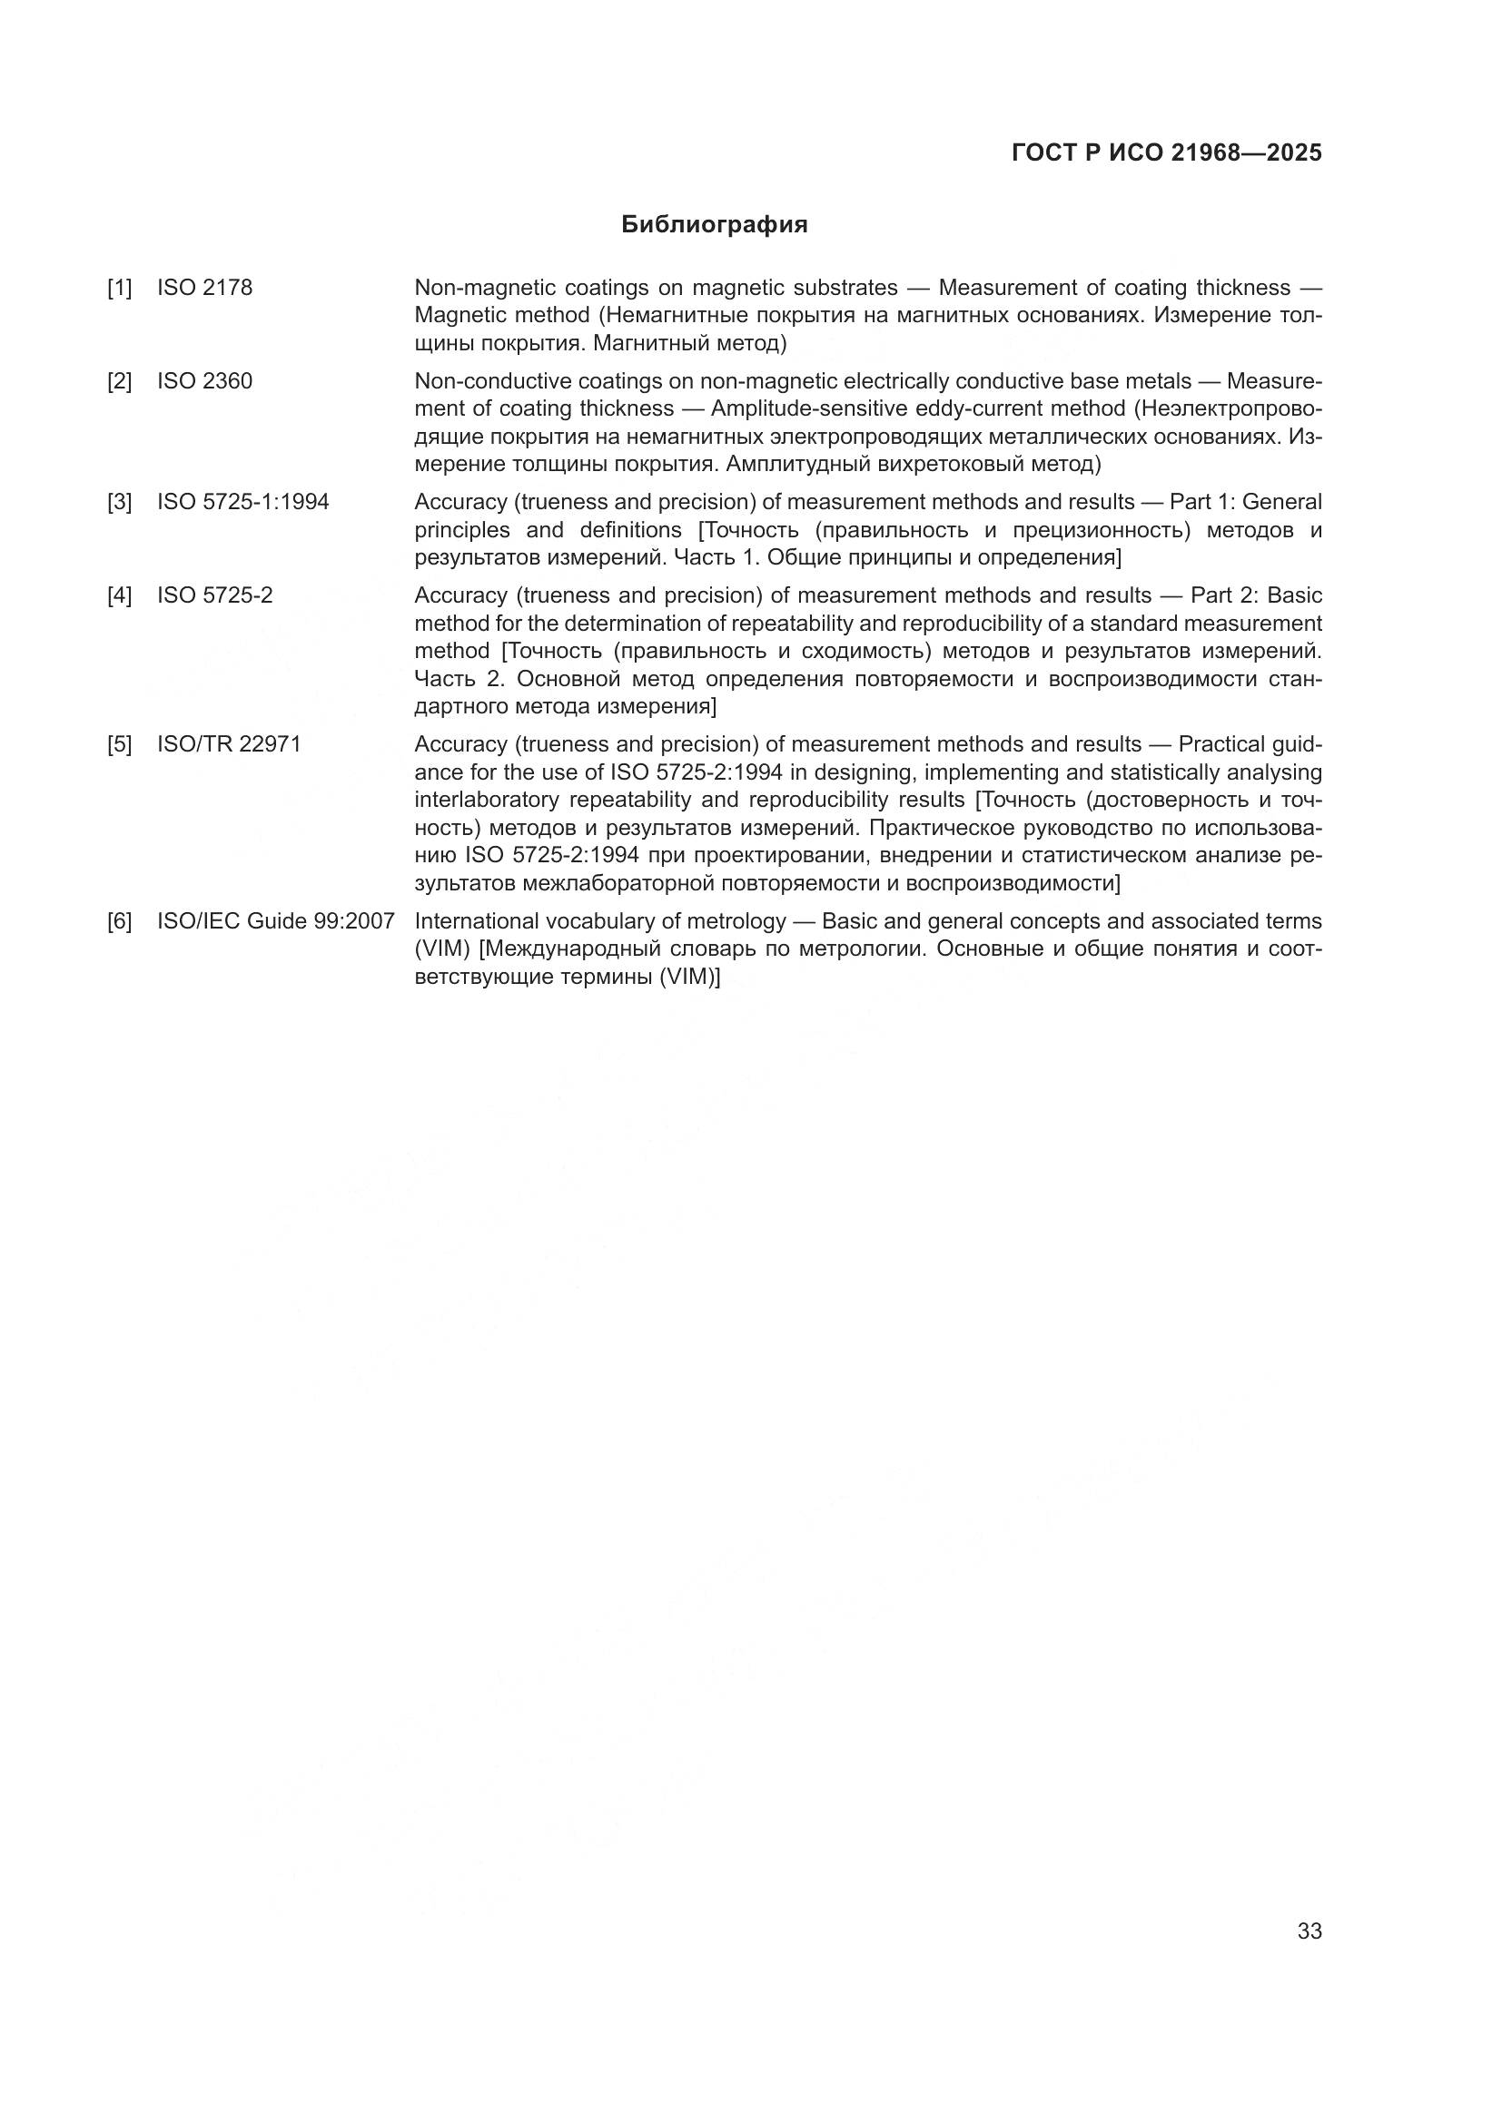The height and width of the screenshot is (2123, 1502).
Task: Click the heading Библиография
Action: [714, 225]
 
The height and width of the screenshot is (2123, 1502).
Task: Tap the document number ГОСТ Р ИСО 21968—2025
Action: [1166, 152]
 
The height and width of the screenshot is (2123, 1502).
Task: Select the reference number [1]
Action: [119, 288]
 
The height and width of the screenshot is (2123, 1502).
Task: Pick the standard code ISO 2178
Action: [204, 288]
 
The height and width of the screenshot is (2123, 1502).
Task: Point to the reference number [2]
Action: [119, 381]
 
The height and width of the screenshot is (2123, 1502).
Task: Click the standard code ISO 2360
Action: [204, 381]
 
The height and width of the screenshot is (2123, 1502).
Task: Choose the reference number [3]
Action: [119, 502]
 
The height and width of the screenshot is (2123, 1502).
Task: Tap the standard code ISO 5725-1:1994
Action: [243, 502]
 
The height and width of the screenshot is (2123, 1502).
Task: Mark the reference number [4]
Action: [119, 595]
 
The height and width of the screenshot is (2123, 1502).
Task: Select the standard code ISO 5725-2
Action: [214, 595]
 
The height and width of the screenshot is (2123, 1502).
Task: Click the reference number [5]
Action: [119, 744]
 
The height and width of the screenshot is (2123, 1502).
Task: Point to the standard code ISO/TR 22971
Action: [230, 744]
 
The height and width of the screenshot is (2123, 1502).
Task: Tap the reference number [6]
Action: [119, 921]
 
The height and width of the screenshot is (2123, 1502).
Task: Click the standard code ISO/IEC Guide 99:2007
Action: [276, 921]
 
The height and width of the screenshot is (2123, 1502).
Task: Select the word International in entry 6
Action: [477, 921]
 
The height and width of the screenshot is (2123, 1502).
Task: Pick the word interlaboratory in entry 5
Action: [487, 800]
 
